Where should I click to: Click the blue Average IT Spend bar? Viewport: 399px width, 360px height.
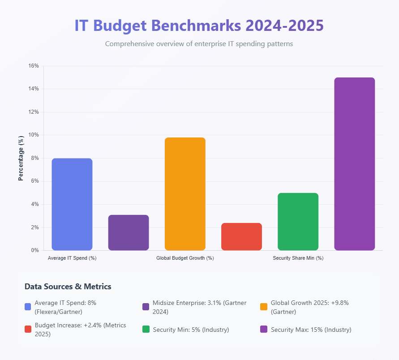pos(72,204)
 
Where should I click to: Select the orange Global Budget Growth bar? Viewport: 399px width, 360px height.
pos(185,194)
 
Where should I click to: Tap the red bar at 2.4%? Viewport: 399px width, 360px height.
pos(241,236)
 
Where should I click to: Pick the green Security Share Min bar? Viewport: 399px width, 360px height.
pos(298,222)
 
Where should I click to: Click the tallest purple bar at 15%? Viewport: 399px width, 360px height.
pos(354,164)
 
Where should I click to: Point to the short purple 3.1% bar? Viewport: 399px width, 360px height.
pos(129,232)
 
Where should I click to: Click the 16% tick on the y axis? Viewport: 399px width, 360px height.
pos(34,66)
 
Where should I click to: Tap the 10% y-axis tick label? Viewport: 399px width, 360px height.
pos(34,135)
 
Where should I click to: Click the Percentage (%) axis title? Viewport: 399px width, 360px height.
pos(21,158)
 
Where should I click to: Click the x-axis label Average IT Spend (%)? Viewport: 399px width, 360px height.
pos(72,258)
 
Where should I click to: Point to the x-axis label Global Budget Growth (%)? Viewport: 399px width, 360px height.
pos(185,258)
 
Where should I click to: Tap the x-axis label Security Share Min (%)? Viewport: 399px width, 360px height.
pos(298,258)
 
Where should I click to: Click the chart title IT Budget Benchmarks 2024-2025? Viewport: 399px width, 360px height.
pos(199,26)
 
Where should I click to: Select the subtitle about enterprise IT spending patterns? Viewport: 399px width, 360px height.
pos(199,44)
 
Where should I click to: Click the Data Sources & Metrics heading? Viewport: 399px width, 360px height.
pos(68,287)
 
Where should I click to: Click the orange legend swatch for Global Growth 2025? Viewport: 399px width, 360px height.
pos(264,307)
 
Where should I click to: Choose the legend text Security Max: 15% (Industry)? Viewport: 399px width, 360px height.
pos(311,330)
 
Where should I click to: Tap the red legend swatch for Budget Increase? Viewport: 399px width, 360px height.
pos(28,329)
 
